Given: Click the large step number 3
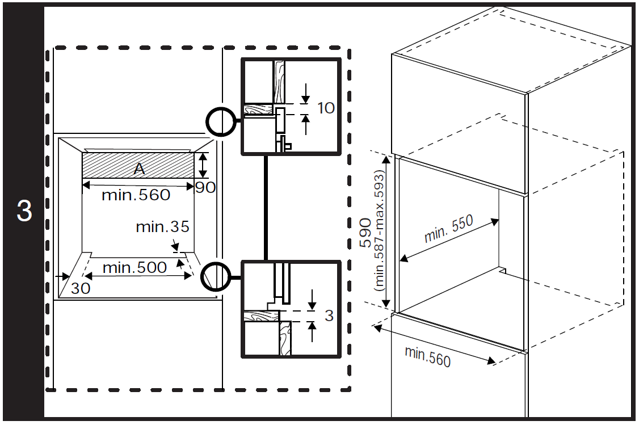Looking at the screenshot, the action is (24, 211).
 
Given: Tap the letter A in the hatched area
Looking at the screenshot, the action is (140, 169).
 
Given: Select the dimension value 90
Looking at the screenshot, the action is (205, 187).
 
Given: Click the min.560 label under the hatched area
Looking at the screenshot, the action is (136, 195).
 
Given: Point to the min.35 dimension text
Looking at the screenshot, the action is (163, 226).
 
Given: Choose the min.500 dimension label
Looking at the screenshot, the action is (134, 268).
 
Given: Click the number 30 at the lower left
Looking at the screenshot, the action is (80, 288).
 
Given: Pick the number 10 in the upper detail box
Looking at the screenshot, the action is (326, 108).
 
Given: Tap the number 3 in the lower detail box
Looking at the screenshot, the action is (329, 315).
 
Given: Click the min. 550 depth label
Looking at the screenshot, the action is (449, 229).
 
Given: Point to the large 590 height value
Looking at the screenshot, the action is (365, 233).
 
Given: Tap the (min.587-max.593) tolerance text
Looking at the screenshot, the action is (379, 231).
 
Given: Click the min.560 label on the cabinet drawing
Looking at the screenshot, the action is (427, 356).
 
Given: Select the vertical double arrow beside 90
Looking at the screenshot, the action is (203, 165).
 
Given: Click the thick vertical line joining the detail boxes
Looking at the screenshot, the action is (266, 208).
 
